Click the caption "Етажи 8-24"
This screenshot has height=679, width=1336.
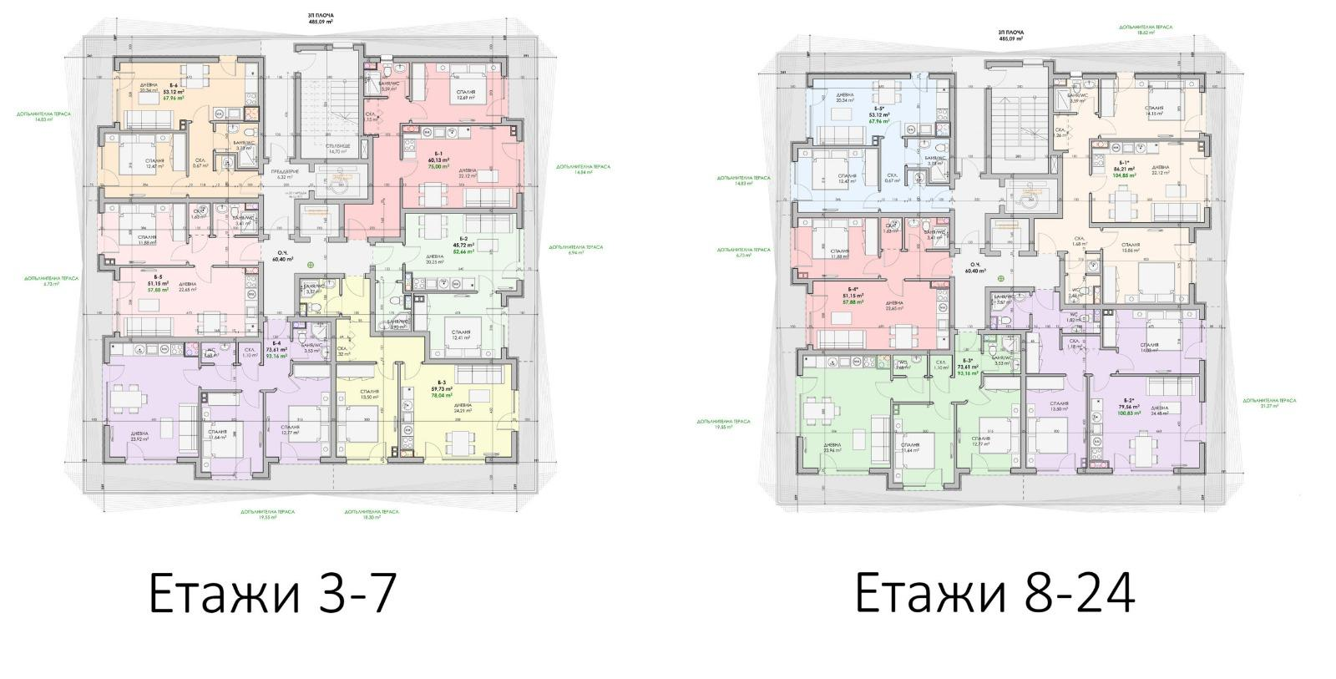[x=994, y=595]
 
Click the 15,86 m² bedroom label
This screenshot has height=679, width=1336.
[x=1131, y=249]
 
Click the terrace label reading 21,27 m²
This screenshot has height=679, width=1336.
[x=1268, y=403]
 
